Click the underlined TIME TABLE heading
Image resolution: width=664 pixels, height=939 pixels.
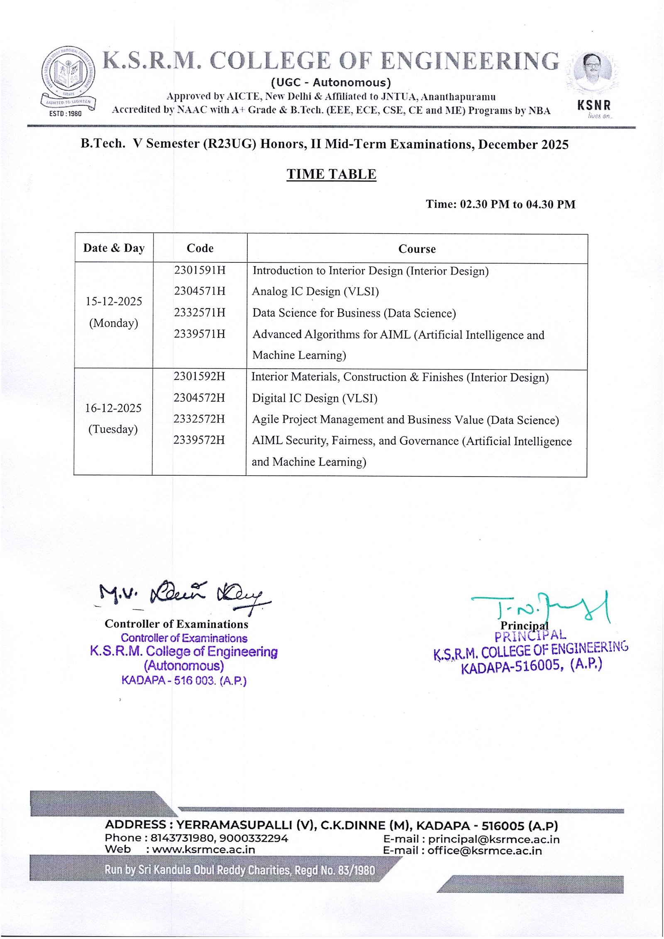pos(331,174)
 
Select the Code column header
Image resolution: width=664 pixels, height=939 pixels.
pos(200,248)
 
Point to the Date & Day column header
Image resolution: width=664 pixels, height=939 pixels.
pos(114,248)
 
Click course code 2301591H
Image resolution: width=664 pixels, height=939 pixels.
pos(200,270)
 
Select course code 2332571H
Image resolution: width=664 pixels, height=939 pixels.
pos(200,313)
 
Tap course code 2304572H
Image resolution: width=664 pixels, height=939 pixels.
pos(199,398)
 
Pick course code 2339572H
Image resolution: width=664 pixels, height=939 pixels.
pos(199,440)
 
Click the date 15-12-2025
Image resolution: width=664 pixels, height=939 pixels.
pos(114,301)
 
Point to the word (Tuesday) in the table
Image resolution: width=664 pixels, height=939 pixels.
pos(113,429)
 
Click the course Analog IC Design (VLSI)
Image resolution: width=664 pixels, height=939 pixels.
pos(315,291)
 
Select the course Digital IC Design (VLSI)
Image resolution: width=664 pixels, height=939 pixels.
pos(315,398)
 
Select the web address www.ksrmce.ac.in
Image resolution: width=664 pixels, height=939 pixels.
pos(203,849)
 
